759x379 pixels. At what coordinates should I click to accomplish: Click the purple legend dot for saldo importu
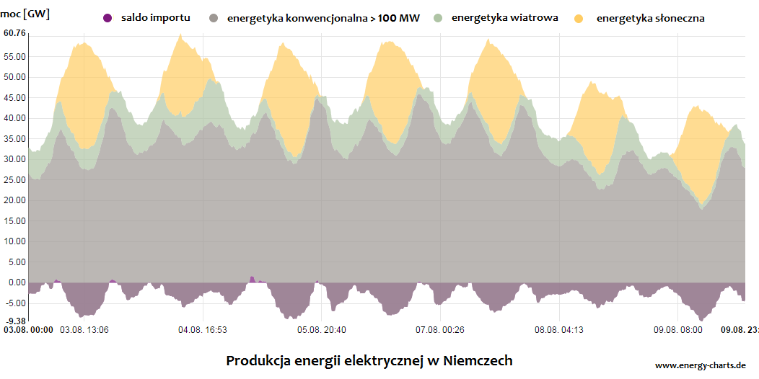pos(108,17)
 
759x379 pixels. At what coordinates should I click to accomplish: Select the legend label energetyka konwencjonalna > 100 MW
pos(323,17)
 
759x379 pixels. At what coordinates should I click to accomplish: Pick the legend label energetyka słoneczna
pos(650,17)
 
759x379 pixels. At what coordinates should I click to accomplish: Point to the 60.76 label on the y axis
pos(14,33)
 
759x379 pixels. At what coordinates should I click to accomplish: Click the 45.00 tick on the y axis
pos(14,97)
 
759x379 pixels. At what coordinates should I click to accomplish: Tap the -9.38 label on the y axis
pos(14,321)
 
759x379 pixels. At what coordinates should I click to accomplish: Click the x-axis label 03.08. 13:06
pos(84,330)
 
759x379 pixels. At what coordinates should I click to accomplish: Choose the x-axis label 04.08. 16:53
pos(203,330)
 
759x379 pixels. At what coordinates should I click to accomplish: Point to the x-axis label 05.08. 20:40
pos(322,330)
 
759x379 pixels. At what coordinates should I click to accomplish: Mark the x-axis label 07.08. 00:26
pos(440,330)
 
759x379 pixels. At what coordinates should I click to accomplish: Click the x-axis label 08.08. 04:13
pos(559,330)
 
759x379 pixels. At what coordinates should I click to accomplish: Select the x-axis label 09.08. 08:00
pos(678,330)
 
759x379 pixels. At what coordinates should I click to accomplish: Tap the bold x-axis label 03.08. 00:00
pos(28,330)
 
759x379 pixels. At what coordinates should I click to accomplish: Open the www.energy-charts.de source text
pos(701,365)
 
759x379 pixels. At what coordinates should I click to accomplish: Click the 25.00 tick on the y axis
pos(14,179)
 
